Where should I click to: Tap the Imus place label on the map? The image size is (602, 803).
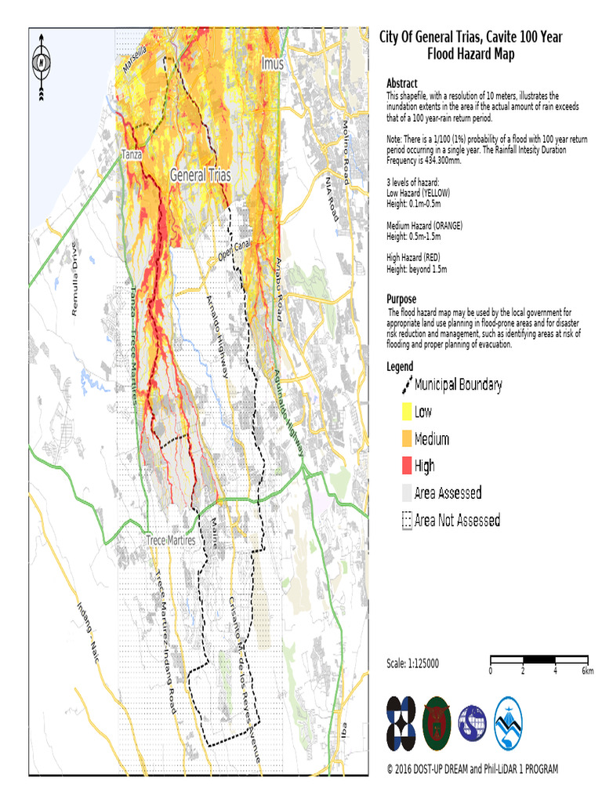tap(272, 63)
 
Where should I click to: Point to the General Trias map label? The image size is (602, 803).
tap(200, 176)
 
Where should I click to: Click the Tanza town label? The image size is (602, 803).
tap(131, 154)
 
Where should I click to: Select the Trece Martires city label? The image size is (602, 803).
tap(170, 540)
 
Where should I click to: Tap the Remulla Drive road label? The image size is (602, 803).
tap(75, 289)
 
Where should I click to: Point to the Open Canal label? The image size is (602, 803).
tap(234, 253)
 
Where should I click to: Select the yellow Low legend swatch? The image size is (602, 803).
tap(406, 411)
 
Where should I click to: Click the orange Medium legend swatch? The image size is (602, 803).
tap(406, 438)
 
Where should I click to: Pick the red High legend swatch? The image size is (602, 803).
tap(406, 466)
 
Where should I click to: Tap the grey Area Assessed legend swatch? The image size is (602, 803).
tap(406, 492)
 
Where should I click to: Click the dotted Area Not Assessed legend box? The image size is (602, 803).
tap(406, 520)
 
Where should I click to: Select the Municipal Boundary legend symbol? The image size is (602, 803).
tap(406, 384)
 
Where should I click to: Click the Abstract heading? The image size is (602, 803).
tap(402, 83)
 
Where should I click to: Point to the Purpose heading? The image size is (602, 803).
tap(403, 299)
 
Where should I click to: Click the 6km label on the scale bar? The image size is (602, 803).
tap(588, 671)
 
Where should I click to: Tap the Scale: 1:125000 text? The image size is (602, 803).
tap(413, 663)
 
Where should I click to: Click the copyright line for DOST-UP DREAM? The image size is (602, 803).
tap(472, 769)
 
